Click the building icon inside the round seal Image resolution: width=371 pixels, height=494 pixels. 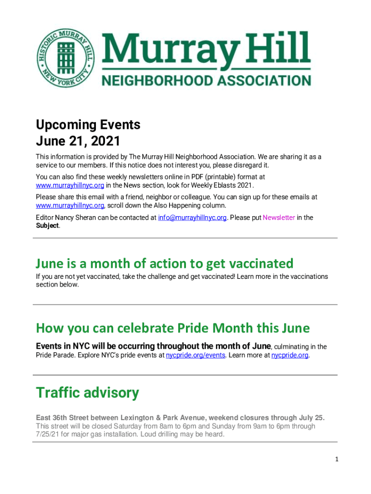coord(66,55)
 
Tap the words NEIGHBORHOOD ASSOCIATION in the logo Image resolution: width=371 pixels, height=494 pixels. coord(206,80)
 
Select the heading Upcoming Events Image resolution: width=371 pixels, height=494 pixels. coord(88,125)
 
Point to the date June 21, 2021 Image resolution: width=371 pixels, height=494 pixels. coord(78,142)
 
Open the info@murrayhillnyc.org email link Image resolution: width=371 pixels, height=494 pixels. coord(192,218)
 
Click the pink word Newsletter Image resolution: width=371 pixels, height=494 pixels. coord(278,218)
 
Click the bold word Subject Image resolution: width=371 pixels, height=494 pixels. coord(47,225)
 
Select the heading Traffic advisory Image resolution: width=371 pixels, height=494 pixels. coord(87,393)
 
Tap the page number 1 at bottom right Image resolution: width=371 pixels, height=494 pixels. coord(337,459)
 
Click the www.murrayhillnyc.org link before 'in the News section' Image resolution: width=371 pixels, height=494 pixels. coord(70,185)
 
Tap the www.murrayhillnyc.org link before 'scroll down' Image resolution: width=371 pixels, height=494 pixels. coord(70,206)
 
